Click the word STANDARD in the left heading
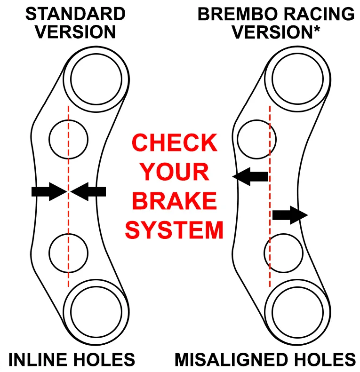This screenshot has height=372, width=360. [75, 14]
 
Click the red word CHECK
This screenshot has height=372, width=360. [175, 143]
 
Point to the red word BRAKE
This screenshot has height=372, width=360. [175, 201]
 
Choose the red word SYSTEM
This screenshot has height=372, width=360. [174, 230]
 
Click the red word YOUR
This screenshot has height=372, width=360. [175, 172]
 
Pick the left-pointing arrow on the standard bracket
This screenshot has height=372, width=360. [89, 191]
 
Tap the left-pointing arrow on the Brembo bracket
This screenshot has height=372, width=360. [250, 176]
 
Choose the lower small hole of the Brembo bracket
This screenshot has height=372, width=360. [283, 253]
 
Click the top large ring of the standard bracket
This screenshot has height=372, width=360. [97, 77]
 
